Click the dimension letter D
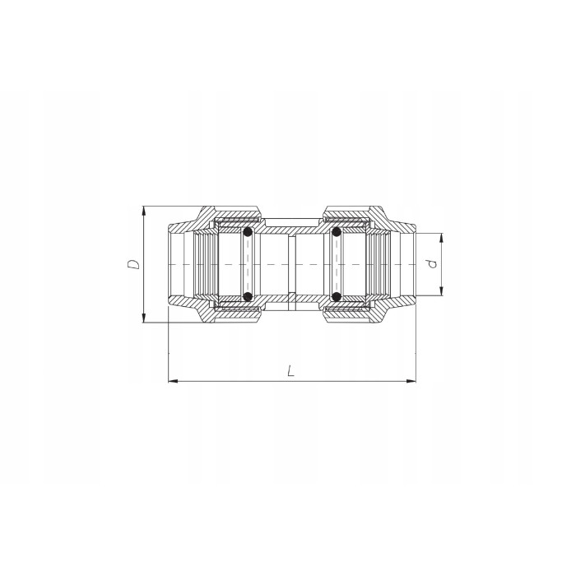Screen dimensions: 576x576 (x=132, y=264)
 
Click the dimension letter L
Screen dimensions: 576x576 (x=290, y=371)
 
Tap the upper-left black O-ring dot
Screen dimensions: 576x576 (x=246, y=233)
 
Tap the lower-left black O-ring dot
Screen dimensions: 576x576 (x=246, y=295)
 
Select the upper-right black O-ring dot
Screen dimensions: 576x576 (x=337, y=233)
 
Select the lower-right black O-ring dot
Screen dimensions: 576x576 (x=337, y=295)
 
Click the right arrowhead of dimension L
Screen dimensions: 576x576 (x=411, y=381)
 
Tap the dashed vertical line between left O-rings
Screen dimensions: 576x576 (x=246, y=264)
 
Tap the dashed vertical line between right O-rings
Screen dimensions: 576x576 (x=337, y=264)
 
